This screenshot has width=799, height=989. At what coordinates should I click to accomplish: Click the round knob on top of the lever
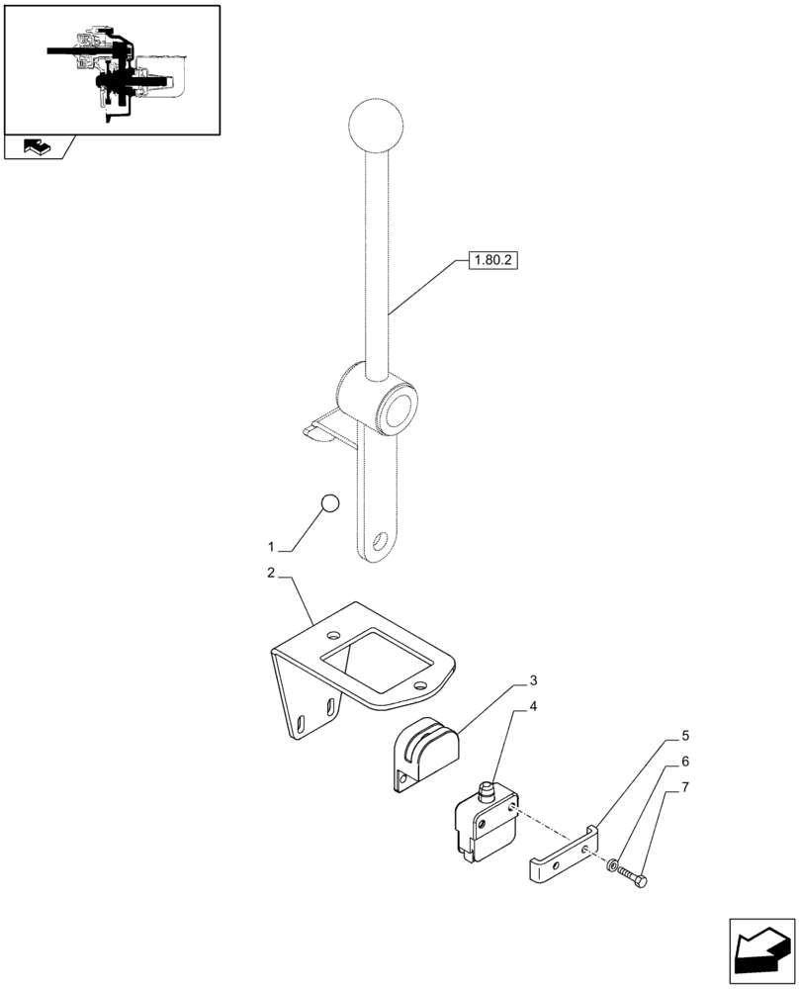[377, 127]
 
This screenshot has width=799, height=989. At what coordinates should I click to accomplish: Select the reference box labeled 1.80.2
[488, 262]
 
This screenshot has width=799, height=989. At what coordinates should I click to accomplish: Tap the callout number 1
[271, 547]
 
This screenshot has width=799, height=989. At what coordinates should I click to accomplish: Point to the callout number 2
[271, 573]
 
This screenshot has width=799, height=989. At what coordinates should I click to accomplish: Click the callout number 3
[533, 680]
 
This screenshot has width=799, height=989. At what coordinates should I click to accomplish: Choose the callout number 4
[533, 706]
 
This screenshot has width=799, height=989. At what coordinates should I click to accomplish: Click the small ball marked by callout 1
[329, 503]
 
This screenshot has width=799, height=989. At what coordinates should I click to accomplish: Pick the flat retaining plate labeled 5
[565, 854]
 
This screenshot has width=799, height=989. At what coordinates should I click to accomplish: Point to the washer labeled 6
[615, 868]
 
